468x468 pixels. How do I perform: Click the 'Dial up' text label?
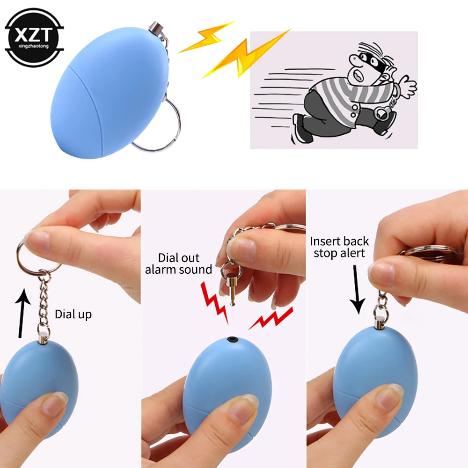pos(73,314)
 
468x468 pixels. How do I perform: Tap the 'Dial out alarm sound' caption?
pos(179,263)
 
